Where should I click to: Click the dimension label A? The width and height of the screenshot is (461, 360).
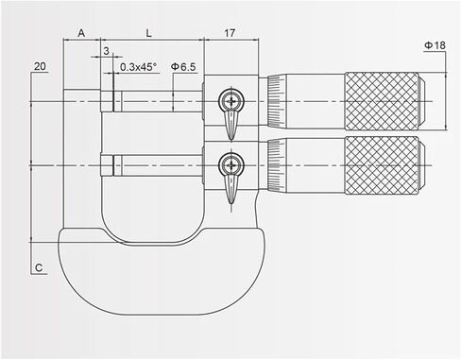point(81,32)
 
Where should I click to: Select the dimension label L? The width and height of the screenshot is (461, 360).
point(149,32)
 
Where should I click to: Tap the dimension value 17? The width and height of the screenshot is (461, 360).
point(230,32)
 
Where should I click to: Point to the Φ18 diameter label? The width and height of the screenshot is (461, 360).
point(435,44)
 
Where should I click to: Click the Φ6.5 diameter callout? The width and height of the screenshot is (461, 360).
point(183,67)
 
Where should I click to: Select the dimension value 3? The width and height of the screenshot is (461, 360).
point(105,50)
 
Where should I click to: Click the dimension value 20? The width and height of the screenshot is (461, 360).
point(39,66)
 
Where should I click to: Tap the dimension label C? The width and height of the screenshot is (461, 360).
point(39,268)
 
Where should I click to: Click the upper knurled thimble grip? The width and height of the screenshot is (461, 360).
point(382,100)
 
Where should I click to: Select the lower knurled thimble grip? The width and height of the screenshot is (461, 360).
point(382,165)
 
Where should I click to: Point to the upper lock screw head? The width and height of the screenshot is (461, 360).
point(230,100)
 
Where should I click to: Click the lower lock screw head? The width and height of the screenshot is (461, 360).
point(230,165)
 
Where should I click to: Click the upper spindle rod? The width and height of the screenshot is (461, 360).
point(156,100)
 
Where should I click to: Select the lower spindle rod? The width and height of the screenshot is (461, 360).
point(156,165)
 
